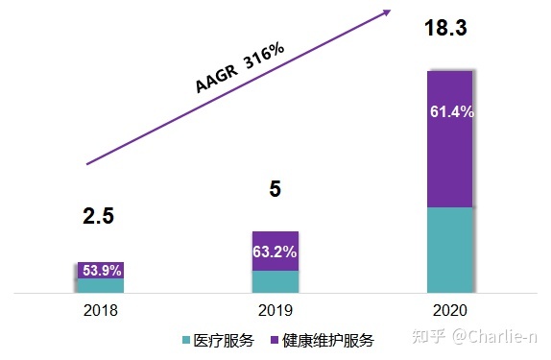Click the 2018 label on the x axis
(x=100, y=311)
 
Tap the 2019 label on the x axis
(x=275, y=311)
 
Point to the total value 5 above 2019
(x=275, y=190)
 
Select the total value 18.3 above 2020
(x=445, y=29)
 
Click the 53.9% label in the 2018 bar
(x=101, y=271)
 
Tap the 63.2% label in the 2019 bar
(x=275, y=252)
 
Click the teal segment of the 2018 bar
(x=101, y=285)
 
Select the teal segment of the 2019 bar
(x=275, y=281)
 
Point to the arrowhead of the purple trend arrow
(x=387, y=12)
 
